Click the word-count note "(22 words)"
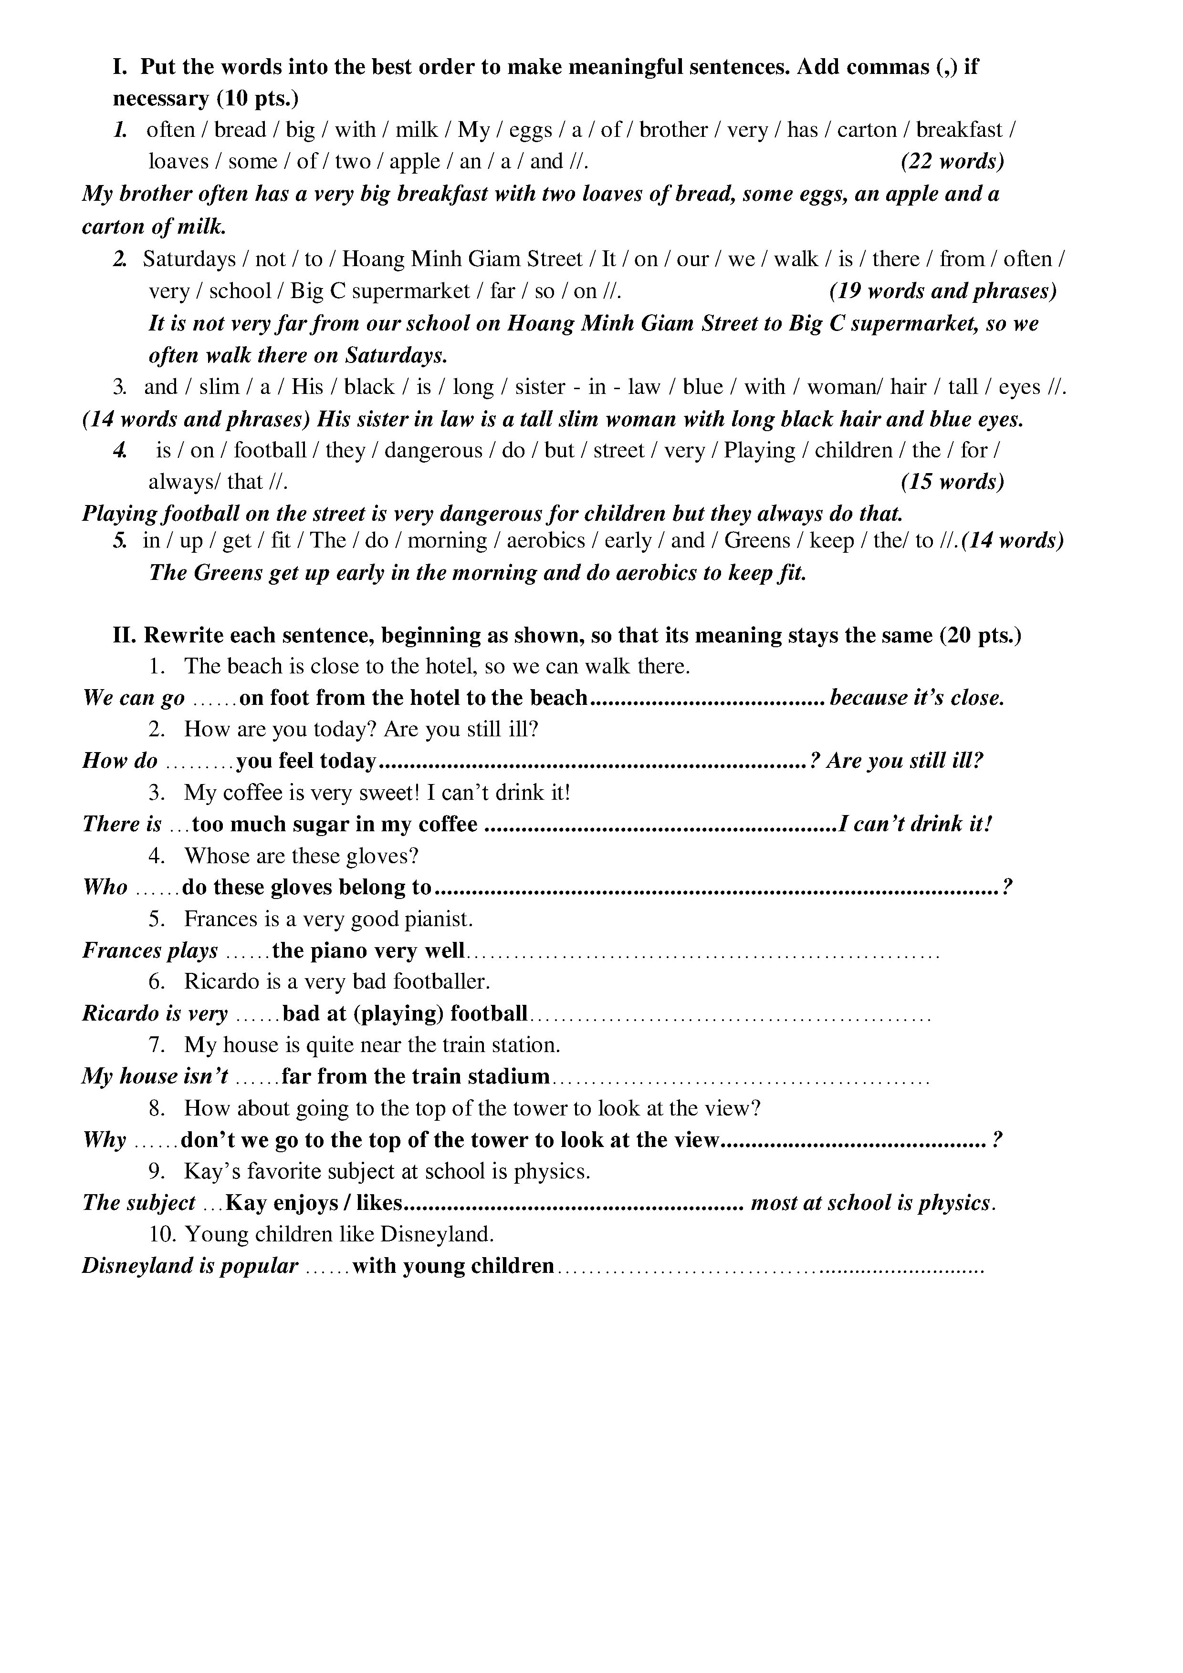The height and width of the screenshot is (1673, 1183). coord(952,161)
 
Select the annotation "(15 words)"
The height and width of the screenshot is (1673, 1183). coord(952,482)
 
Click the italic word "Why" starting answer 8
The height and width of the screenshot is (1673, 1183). coord(104,1140)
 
